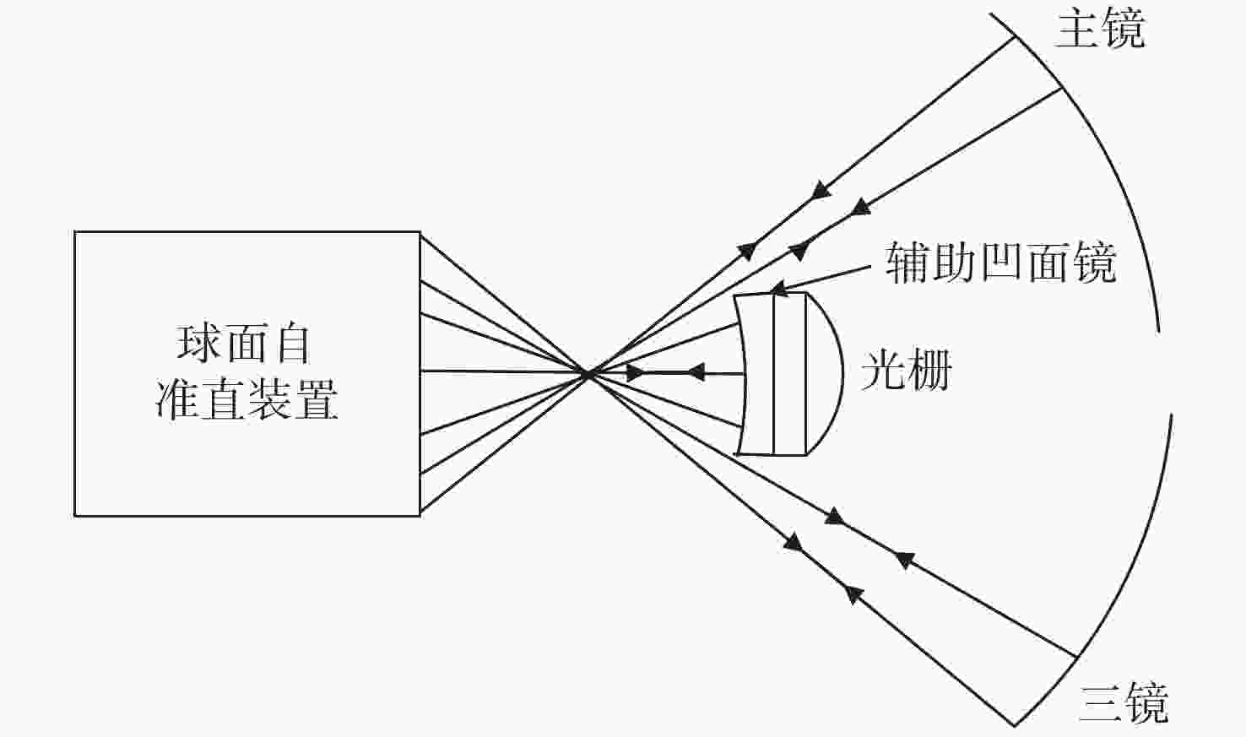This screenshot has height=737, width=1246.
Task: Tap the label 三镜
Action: pos(1124,703)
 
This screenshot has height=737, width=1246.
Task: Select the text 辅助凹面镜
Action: pos(1001,263)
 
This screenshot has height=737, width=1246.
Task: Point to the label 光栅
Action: pos(907,370)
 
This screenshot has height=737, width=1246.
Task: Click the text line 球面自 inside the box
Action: pos(243,344)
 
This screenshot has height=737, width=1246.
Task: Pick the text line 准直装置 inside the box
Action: pos(246,400)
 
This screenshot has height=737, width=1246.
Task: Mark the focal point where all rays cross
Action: pos(587,374)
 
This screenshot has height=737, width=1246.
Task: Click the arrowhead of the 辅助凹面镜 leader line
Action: pos(778,288)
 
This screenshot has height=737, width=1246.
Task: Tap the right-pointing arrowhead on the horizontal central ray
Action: pos(635,372)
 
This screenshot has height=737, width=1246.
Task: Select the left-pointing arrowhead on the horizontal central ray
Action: pos(696,371)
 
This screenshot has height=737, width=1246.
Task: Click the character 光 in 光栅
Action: pos(883,370)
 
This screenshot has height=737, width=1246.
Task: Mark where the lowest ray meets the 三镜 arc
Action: pos(1015,725)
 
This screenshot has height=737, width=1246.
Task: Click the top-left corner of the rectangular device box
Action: pos(75,232)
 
